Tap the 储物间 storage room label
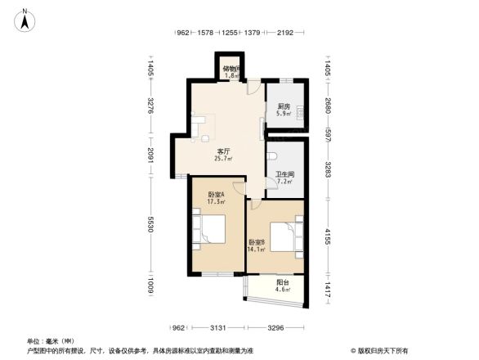point(231,70)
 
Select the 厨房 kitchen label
point(284,106)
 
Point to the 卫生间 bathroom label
point(284,174)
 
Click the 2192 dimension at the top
point(284,33)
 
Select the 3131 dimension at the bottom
point(216,329)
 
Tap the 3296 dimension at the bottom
point(276,329)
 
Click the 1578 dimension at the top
point(206,33)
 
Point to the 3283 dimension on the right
point(329,171)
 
